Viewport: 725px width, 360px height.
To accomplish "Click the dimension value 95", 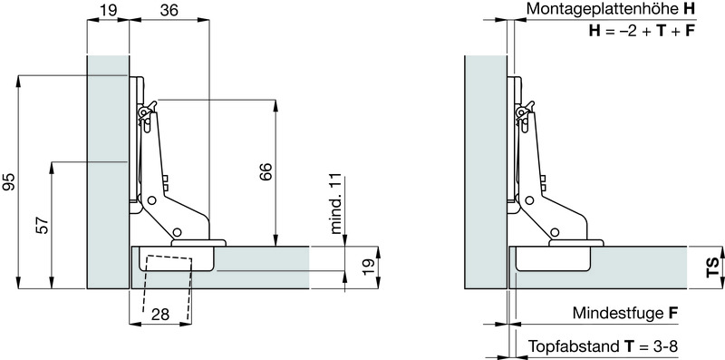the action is point(9,182).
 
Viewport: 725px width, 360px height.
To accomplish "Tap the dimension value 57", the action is point(43,226).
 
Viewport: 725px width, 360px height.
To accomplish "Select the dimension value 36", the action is point(169,10).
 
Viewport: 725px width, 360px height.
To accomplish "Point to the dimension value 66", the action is point(266,171).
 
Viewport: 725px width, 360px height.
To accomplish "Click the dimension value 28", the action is point(160,315).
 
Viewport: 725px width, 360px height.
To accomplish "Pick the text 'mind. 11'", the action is point(336,204).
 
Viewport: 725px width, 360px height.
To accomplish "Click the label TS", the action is point(713,268).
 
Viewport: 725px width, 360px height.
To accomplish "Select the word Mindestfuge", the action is point(619,313).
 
